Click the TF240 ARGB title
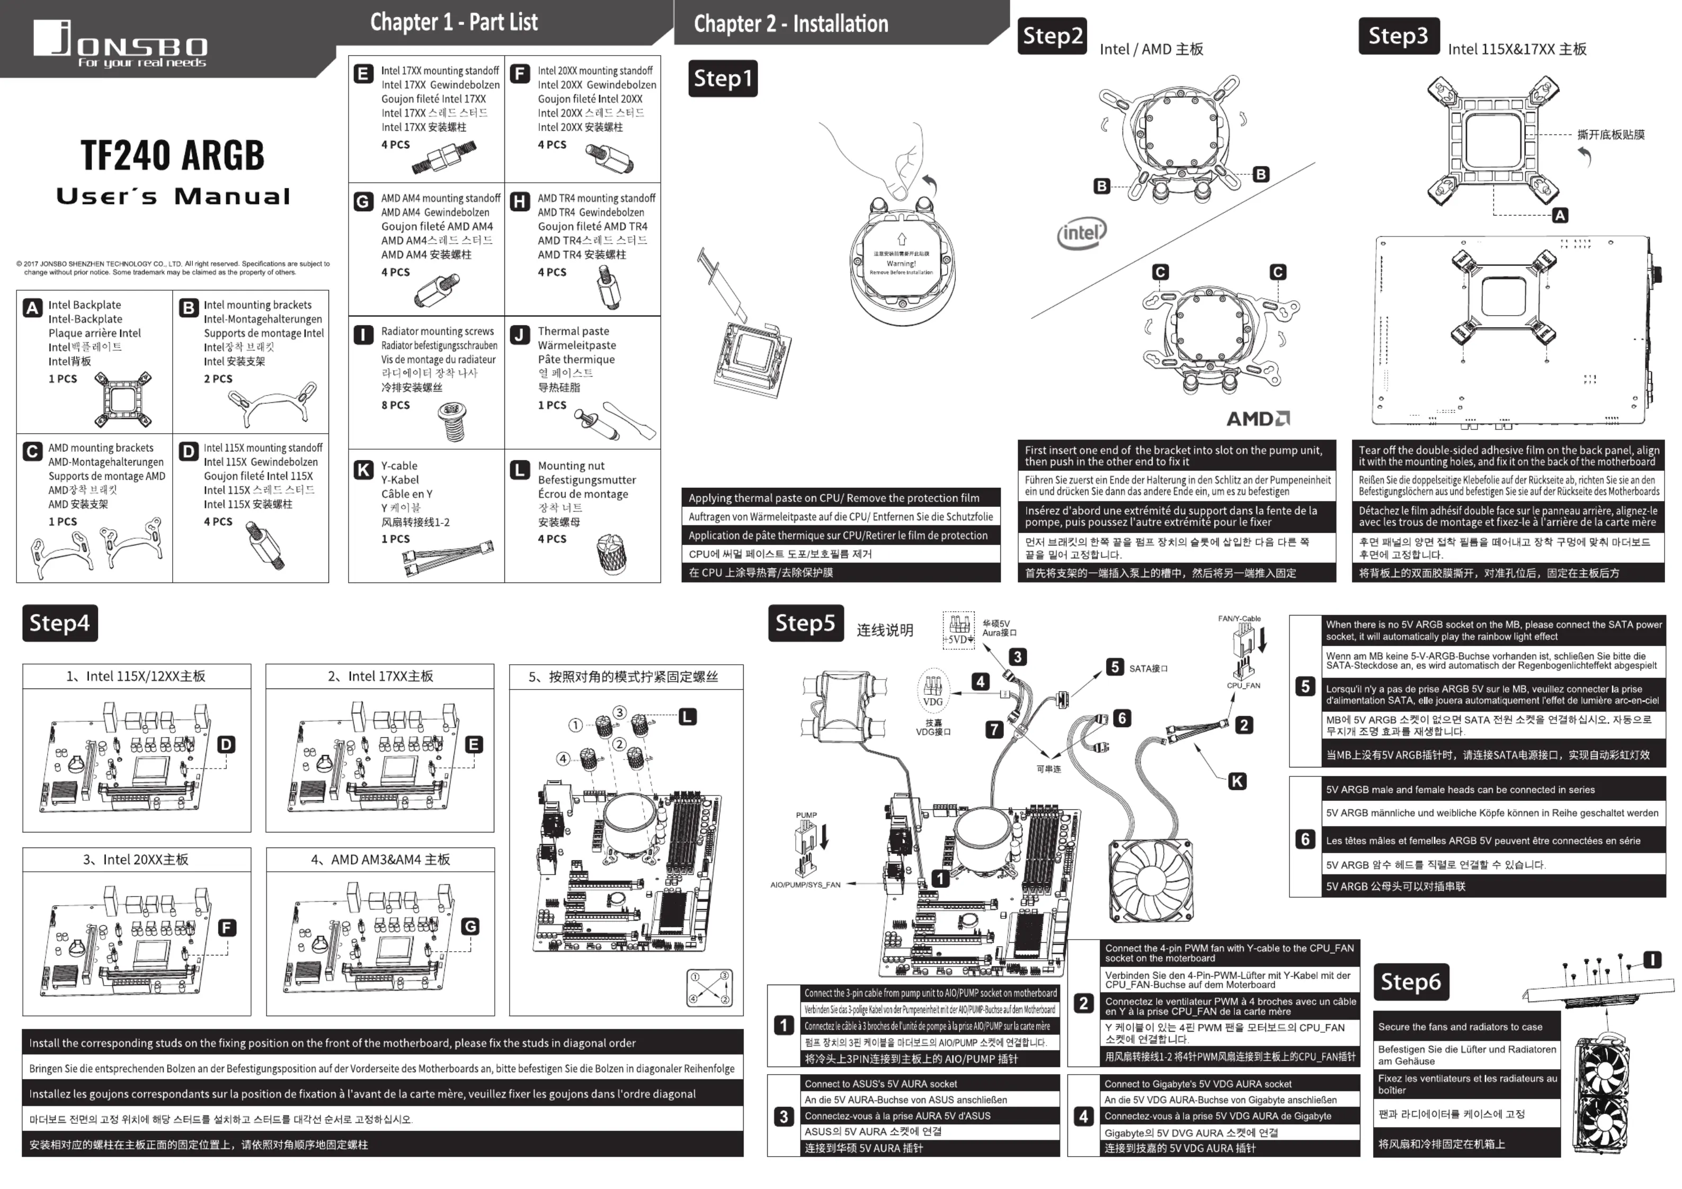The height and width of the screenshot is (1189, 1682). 172,155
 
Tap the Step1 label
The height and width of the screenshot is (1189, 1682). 722,78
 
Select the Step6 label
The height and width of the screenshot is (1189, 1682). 1410,982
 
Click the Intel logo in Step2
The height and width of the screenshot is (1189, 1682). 1081,234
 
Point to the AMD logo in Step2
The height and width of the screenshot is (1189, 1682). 1258,418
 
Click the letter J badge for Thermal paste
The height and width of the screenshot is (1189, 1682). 519,335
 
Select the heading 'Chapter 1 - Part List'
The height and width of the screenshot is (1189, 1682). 453,22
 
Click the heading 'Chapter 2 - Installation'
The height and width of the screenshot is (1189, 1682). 790,23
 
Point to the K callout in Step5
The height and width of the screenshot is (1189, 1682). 1236,781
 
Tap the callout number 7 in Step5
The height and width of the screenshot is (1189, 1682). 993,729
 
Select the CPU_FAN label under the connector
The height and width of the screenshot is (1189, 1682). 1243,686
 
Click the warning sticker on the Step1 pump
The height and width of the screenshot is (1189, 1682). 901,256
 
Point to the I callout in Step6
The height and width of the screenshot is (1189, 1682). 1652,960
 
